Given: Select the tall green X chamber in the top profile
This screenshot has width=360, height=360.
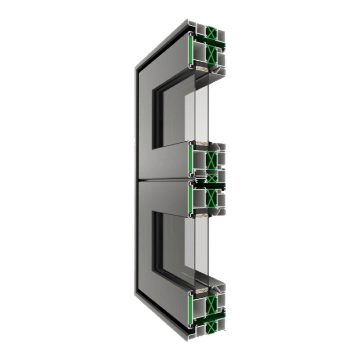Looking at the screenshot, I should click(211, 55).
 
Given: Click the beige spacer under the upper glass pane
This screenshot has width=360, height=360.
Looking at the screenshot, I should click(202, 145).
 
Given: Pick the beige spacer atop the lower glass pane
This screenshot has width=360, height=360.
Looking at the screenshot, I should click(202, 216).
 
